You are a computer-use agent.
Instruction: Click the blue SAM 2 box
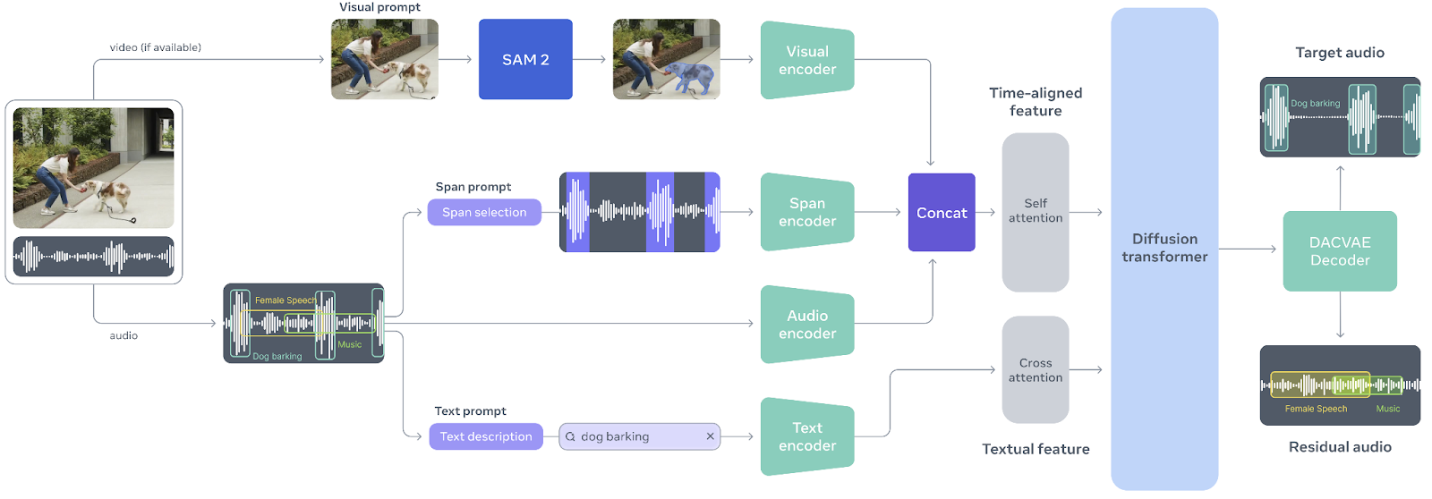(525, 59)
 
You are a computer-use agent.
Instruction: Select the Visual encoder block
(806, 60)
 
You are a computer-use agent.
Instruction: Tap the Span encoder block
(806, 212)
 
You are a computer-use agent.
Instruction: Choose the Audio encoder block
(806, 324)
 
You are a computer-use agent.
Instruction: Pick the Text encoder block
(806, 436)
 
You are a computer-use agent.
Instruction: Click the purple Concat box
(942, 213)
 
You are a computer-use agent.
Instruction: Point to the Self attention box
(1036, 211)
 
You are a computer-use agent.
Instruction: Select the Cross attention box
(1036, 370)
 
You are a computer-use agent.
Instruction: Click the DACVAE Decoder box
(1340, 251)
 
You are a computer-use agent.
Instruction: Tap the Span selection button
(484, 212)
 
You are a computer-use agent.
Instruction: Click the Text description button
(486, 436)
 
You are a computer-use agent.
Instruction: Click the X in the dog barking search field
(710, 436)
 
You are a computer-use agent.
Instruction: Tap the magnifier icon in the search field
(570, 437)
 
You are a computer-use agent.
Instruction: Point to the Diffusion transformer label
(1164, 248)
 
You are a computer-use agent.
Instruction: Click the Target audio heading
(1340, 53)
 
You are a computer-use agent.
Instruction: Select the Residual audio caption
(1340, 447)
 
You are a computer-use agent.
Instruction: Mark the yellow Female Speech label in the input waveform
(285, 300)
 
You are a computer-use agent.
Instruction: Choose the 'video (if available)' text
(156, 47)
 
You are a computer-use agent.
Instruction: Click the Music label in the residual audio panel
(1388, 409)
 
